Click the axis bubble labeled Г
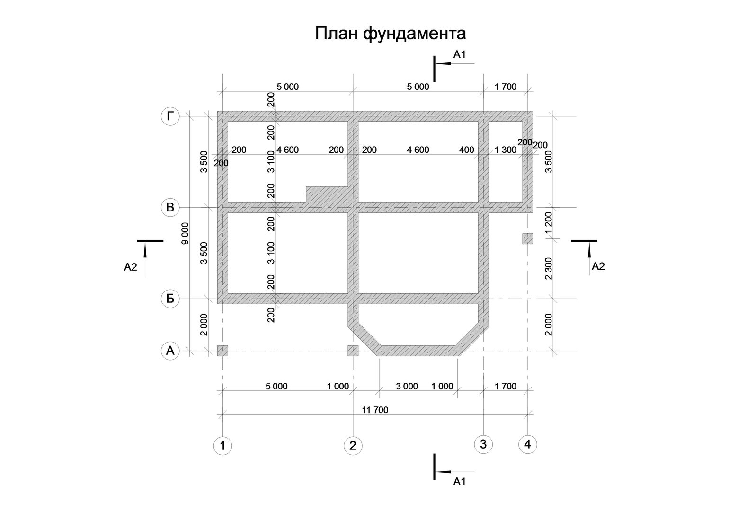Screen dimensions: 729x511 (x=170, y=116)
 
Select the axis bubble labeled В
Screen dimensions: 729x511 (x=170, y=207)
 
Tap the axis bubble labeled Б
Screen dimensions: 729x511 (x=170, y=299)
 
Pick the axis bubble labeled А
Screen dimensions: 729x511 (x=170, y=351)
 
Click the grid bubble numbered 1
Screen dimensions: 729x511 (x=222, y=446)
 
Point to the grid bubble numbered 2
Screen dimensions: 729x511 (x=353, y=446)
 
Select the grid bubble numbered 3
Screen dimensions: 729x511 (x=483, y=444)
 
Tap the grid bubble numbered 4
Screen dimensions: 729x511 (x=527, y=444)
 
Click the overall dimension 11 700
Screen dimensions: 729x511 (x=375, y=410)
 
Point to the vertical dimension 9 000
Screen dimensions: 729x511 (x=185, y=233)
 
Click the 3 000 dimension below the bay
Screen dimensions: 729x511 (x=407, y=386)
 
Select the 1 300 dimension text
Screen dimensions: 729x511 (x=506, y=150)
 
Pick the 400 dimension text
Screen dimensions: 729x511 (x=467, y=150)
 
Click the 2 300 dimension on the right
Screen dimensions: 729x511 (x=549, y=269)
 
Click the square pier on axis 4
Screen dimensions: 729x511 (x=527, y=238)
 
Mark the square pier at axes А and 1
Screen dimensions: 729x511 (x=222, y=351)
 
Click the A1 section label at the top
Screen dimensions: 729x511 (x=460, y=54)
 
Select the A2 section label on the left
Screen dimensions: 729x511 (x=131, y=267)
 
